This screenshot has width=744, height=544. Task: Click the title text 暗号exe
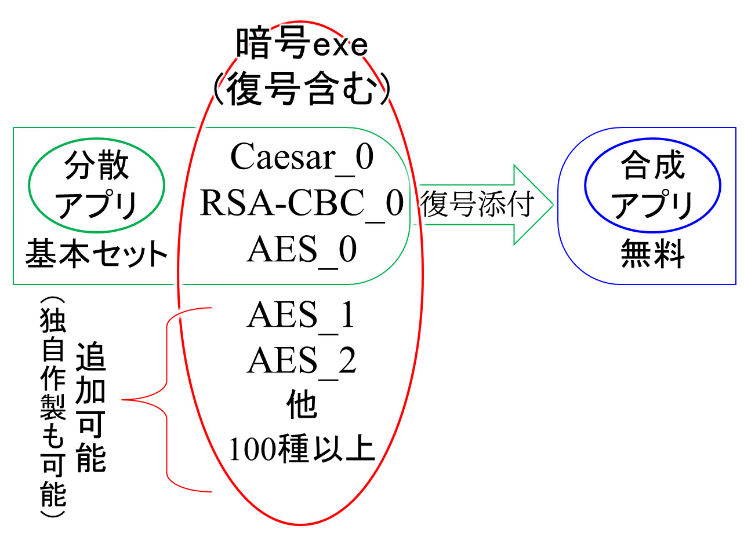[301, 47]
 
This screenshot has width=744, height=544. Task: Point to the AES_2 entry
[301, 361]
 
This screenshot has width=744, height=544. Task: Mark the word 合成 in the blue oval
[653, 167]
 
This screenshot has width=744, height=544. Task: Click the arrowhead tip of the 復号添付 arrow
[550, 205]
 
